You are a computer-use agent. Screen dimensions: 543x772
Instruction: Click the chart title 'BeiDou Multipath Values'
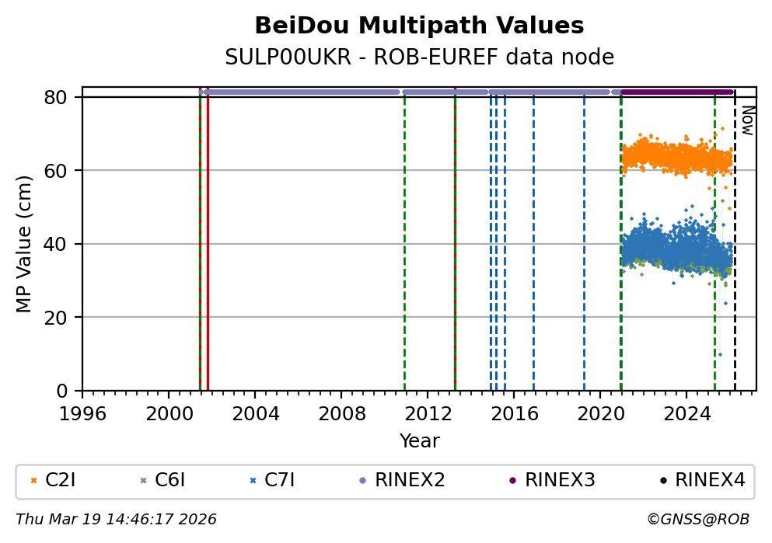click(419, 26)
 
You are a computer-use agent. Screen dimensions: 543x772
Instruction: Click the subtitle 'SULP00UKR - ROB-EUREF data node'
click(419, 57)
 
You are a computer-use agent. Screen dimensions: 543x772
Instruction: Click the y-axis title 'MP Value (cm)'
click(25, 243)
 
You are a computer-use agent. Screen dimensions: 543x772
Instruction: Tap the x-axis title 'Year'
click(419, 441)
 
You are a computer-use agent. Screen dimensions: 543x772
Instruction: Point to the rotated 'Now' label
click(746, 120)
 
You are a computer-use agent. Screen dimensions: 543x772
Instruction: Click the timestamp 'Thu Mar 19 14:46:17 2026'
click(116, 519)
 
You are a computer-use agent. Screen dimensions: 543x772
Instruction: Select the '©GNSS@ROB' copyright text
click(698, 519)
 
